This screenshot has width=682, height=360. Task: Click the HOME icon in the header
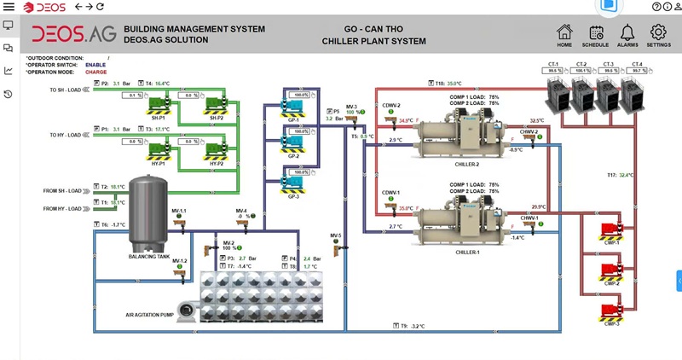pos(564,32)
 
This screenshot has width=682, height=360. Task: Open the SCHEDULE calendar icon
pos(595,32)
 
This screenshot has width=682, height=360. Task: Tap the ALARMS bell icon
pos(627,32)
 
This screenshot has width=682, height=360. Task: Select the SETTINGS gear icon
pos(659,32)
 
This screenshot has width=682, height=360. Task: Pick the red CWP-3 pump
pos(610,312)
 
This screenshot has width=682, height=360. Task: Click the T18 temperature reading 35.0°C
pos(454,84)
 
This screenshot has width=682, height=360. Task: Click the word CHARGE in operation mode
pos(95,72)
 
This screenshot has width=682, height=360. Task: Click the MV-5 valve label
pos(335,235)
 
